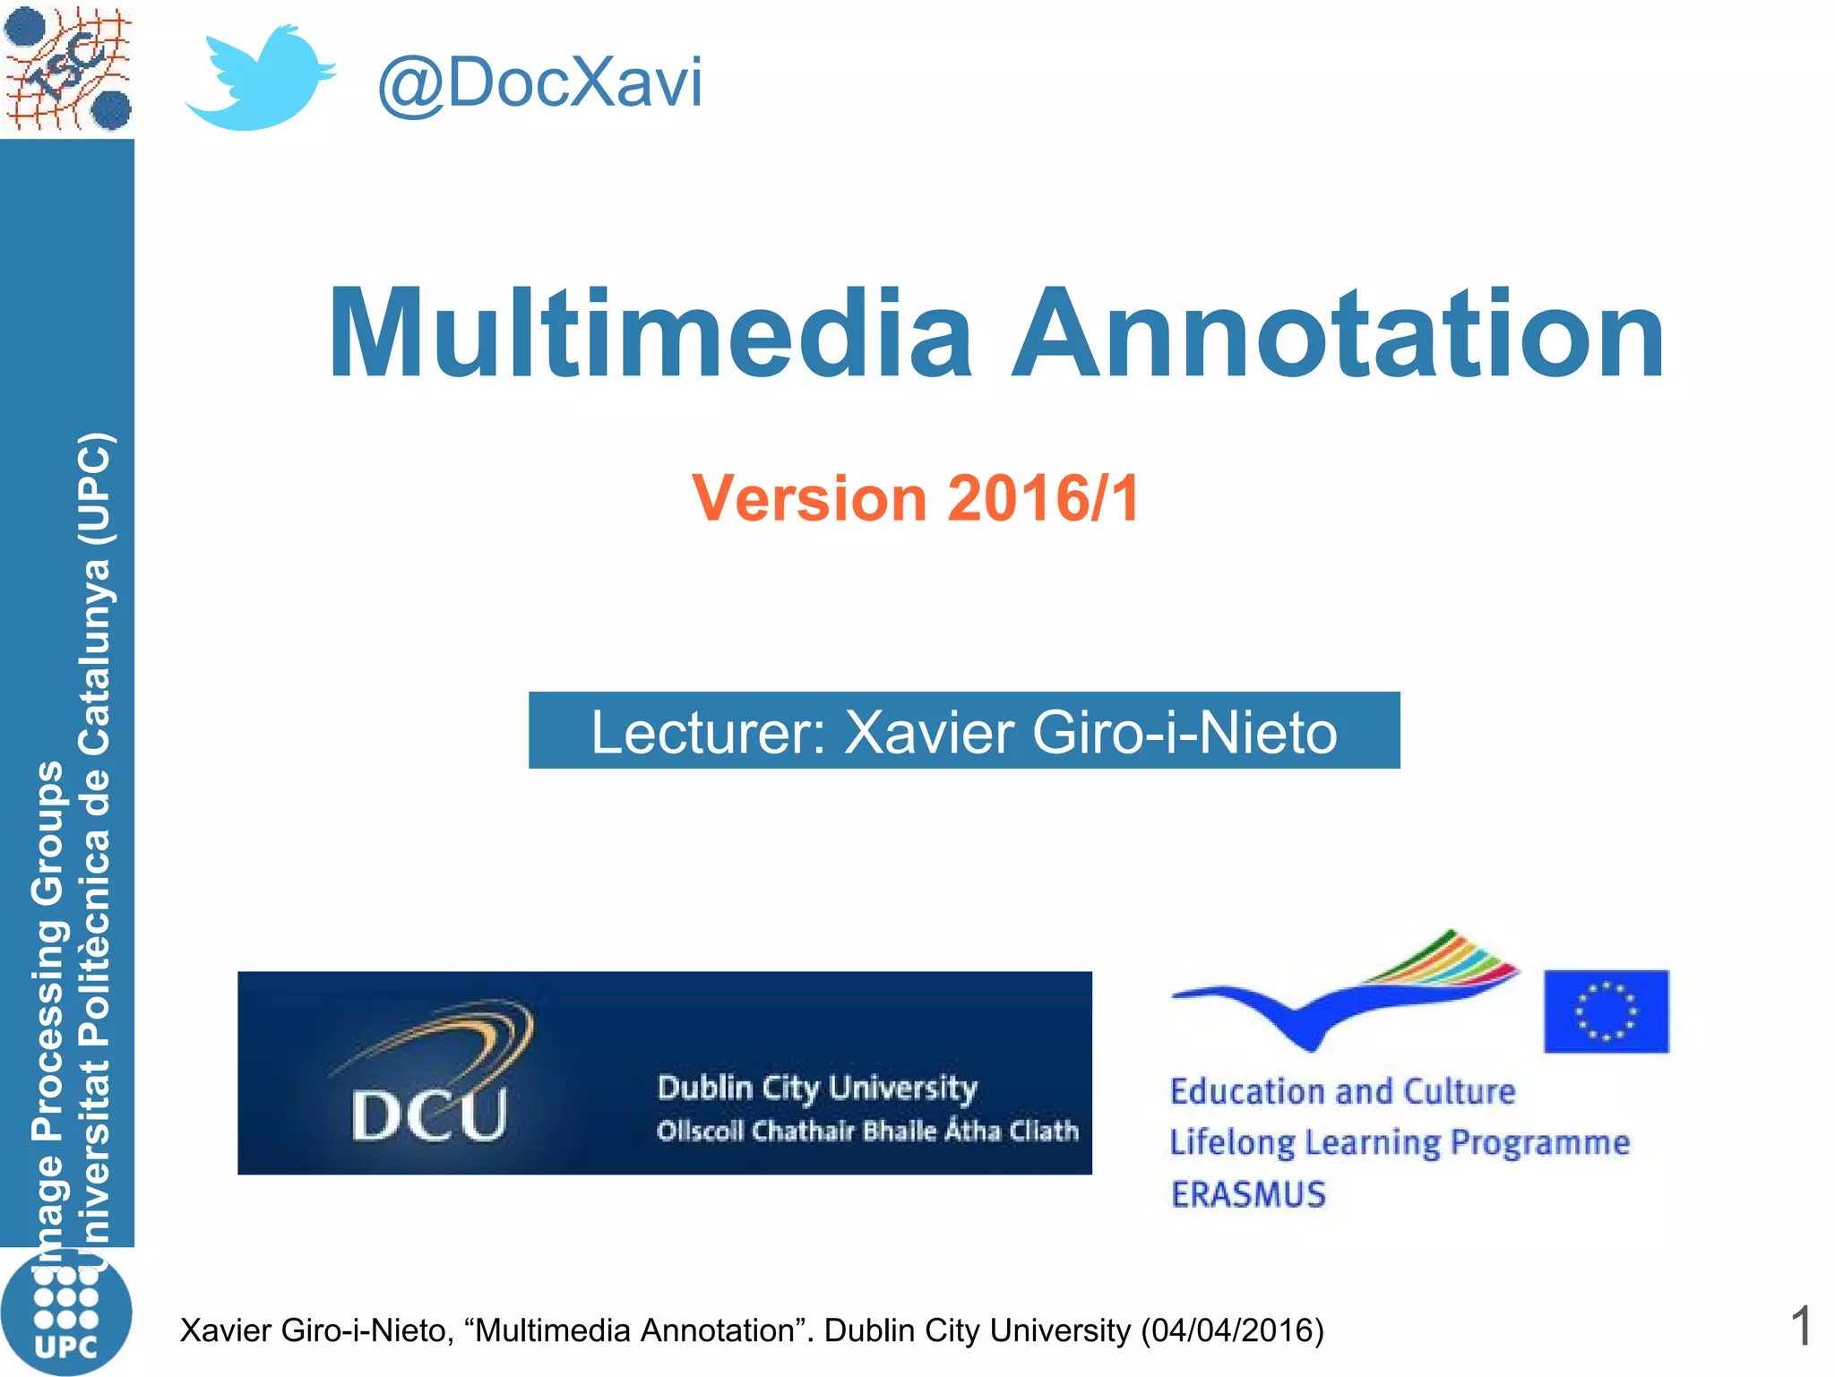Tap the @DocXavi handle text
539,83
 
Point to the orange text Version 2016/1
916,498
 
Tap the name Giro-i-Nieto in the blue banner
1185,732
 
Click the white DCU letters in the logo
429,1115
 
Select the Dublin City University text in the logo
817,1088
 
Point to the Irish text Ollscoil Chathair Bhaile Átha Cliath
867,1131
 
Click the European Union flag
1606,1011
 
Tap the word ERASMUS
1248,1194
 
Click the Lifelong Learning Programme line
1400,1142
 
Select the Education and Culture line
1342,1091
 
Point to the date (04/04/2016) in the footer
1232,1330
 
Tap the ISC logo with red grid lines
68,68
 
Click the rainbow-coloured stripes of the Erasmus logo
1452,959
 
